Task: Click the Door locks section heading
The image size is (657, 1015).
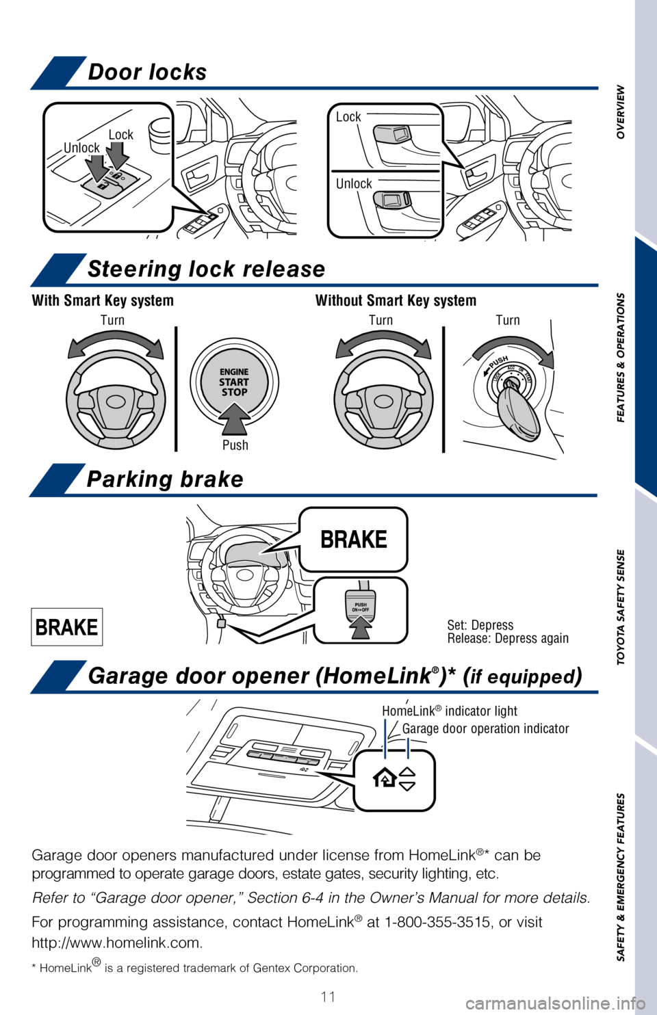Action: pyautogui.click(x=147, y=72)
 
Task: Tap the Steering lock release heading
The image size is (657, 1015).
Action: pyautogui.click(x=206, y=269)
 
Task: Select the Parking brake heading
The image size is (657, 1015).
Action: pyautogui.click(x=165, y=479)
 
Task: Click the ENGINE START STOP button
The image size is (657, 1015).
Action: pyautogui.click(x=235, y=382)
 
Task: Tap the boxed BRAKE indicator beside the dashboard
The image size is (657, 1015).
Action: pyautogui.click(x=66, y=627)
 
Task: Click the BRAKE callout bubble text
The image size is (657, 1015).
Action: pyautogui.click(x=354, y=539)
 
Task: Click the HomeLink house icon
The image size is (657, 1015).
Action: pyautogui.click(x=385, y=779)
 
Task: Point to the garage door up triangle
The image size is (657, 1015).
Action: pyautogui.click(x=407, y=772)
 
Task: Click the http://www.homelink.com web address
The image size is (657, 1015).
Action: pyautogui.click(x=116, y=943)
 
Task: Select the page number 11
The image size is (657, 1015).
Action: pyautogui.click(x=328, y=997)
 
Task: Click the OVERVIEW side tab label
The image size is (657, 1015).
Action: pyautogui.click(x=621, y=112)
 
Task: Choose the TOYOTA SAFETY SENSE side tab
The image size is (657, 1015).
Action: pyautogui.click(x=621, y=607)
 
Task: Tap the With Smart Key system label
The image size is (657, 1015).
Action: pyautogui.click(x=103, y=300)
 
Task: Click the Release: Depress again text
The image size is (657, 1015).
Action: pyautogui.click(x=508, y=638)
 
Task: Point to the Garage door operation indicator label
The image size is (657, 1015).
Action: pyautogui.click(x=486, y=728)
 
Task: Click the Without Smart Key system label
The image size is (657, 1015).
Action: pyautogui.click(x=396, y=300)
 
